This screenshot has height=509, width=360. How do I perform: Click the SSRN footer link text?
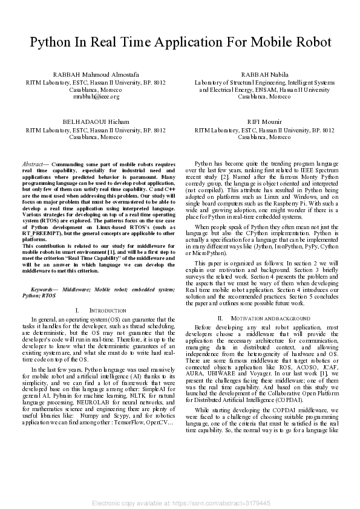point(180,503)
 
